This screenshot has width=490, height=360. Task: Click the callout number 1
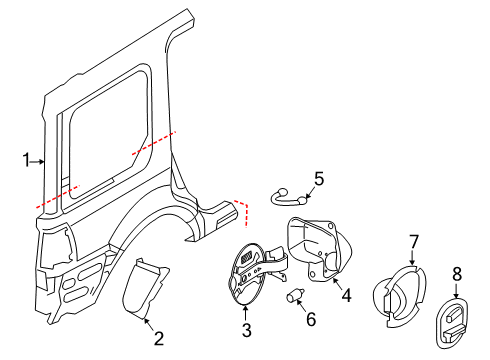pos(26,159)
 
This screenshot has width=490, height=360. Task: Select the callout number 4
pos(346,296)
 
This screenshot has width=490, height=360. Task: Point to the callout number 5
pos(318,179)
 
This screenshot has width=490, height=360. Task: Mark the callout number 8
pos(456,272)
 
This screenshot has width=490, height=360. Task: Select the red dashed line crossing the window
pos(152,143)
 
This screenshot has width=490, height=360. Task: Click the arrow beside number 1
pos(38,159)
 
